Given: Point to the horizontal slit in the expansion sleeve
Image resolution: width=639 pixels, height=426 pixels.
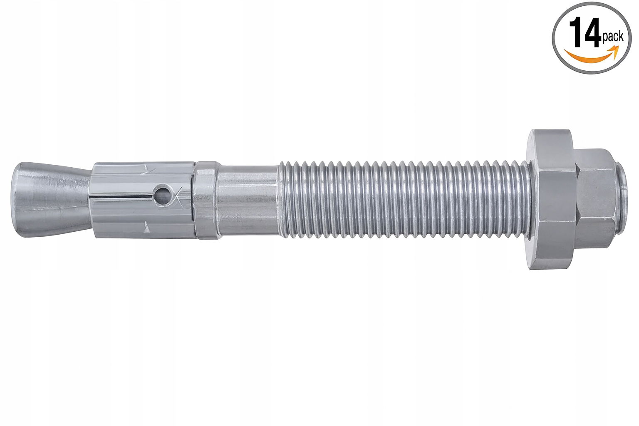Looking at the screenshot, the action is (x=123, y=196).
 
